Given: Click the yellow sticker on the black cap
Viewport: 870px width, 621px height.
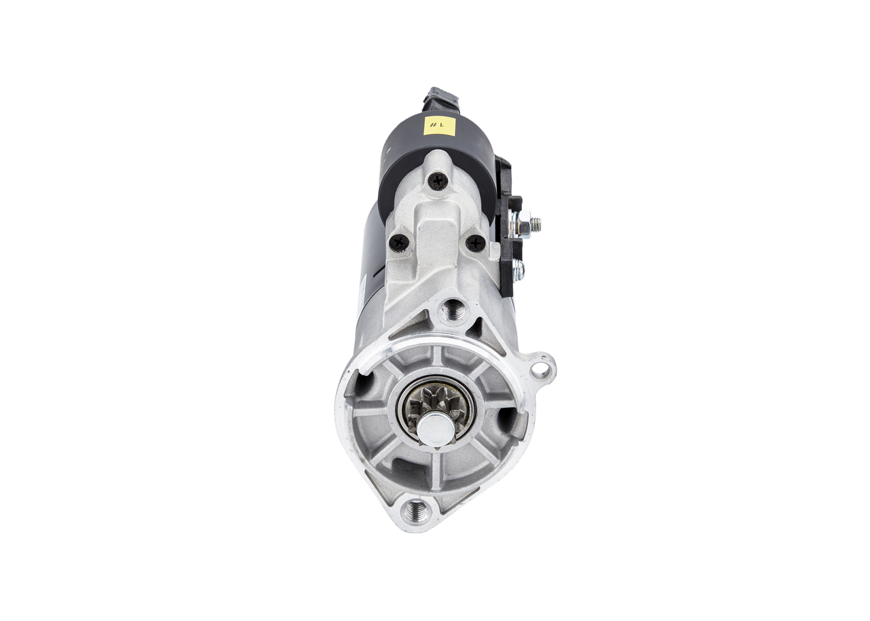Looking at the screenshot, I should tap(439, 126).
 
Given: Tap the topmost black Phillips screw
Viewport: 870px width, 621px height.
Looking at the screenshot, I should tap(438, 181).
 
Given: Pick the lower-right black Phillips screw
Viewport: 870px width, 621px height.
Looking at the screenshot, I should tap(475, 243).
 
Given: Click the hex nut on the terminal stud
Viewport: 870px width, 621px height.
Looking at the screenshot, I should tap(523, 224).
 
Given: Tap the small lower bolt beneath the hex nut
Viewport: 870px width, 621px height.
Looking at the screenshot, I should tap(518, 270).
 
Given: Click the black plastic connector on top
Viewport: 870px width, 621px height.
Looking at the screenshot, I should tap(440, 101).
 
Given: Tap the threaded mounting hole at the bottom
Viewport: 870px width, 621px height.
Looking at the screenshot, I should tap(415, 510).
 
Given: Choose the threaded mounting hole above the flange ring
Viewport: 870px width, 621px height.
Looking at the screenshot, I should tap(452, 310).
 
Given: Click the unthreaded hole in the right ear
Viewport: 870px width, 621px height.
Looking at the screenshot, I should tap(540, 370).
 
